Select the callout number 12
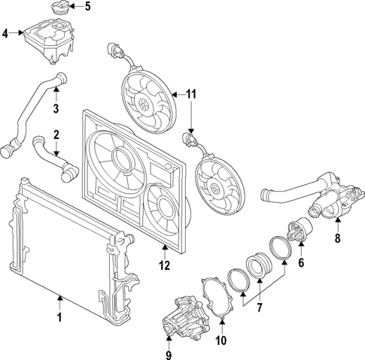click(x=165, y=265)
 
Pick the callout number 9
click(x=169, y=355)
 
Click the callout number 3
click(x=55, y=110)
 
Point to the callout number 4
click(x=6, y=34)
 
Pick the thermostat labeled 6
click(x=303, y=230)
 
